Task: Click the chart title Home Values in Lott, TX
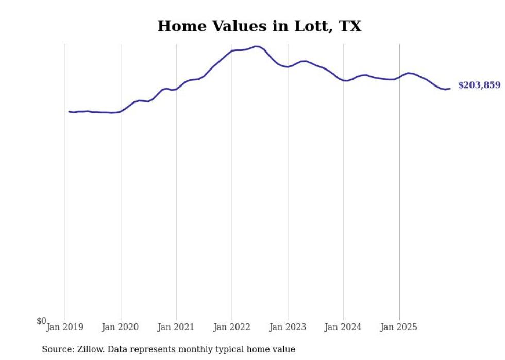[x=259, y=26]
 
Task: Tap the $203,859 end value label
[x=479, y=85]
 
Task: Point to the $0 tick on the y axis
[x=41, y=321]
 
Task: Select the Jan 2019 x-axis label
[x=65, y=327]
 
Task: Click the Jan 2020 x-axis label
[x=121, y=327]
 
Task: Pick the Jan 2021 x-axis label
[x=176, y=327]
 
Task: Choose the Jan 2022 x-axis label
[x=232, y=327]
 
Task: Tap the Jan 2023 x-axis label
[x=288, y=327]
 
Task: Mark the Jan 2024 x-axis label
[x=344, y=327]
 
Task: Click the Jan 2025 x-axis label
[x=399, y=327]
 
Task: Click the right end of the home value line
[x=450, y=89]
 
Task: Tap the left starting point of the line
[x=69, y=111]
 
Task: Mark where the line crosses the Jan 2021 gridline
[x=176, y=89]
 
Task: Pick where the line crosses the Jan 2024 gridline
[x=344, y=80]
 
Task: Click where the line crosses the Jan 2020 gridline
[x=121, y=111]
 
